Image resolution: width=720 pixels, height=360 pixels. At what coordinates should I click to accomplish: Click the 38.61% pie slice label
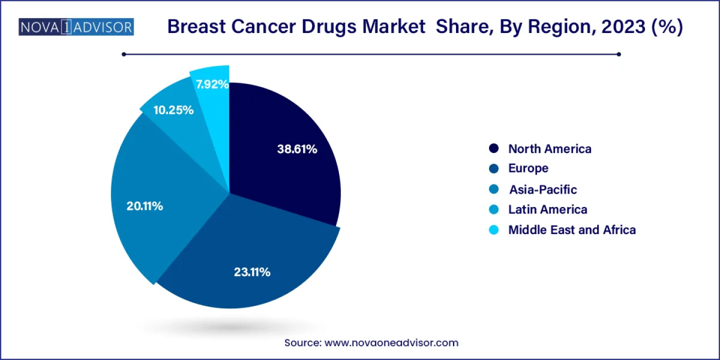click(x=297, y=149)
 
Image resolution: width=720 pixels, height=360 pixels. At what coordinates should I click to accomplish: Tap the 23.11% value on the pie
click(x=252, y=272)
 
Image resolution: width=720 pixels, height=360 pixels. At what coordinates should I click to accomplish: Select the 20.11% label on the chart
click(x=144, y=206)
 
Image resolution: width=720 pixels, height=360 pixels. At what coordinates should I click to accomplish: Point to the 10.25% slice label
click(x=173, y=110)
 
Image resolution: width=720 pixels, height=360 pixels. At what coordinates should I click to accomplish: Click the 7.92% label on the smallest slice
click(x=212, y=84)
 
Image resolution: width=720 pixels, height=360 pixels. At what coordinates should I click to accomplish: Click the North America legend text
click(x=549, y=148)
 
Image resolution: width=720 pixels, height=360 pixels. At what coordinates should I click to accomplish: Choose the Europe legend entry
click(x=528, y=168)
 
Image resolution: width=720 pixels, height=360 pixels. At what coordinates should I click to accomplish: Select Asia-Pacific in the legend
click(x=542, y=189)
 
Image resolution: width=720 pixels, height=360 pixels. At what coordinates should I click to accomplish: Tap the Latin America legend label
click(x=547, y=209)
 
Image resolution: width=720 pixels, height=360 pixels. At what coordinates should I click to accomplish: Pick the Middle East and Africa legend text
click(x=572, y=230)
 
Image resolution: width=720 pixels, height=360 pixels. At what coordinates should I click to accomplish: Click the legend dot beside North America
click(x=494, y=148)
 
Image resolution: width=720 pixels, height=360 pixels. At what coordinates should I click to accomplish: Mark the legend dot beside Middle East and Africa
click(x=494, y=230)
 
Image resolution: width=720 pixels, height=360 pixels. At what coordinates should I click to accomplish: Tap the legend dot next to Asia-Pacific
click(x=494, y=189)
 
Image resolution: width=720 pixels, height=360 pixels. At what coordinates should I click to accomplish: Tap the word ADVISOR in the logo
click(x=104, y=26)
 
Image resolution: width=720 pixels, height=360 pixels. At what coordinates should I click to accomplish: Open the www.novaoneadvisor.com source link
click(x=391, y=343)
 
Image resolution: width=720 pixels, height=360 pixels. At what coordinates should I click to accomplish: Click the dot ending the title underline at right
click(x=619, y=54)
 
